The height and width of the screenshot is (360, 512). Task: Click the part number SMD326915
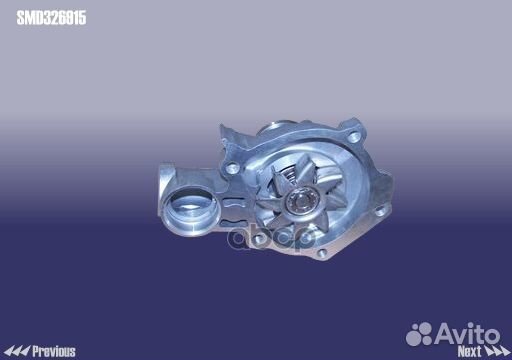click(x=51, y=18)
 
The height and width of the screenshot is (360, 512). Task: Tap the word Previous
click(x=54, y=351)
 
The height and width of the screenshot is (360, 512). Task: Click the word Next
click(x=469, y=351)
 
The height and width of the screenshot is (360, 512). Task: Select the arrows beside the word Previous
click(x=17, y=351)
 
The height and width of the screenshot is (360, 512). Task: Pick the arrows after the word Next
click(x=496, y=351)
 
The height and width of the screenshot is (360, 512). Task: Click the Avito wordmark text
click(x=467, y=334)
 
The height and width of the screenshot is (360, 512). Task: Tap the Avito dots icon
click(x=419, y=334)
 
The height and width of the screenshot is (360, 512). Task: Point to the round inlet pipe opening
click(x=190, y=209)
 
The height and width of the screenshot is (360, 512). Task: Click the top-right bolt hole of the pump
click(x=353, y=137)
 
